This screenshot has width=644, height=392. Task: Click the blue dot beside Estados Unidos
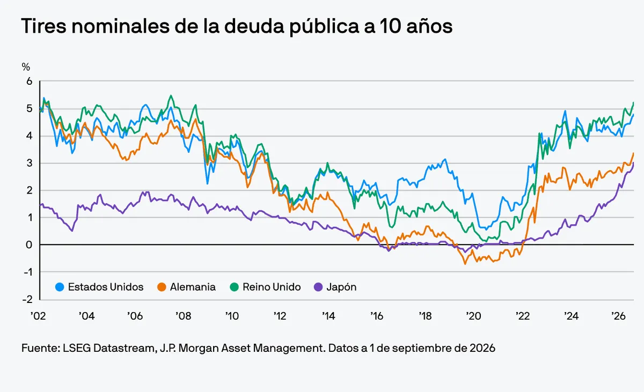click(x=60, y=287)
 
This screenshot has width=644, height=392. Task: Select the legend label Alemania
click(x=193, y=287)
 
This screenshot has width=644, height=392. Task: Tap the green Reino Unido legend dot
click(x=235, y=287)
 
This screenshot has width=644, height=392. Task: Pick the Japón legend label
click(x=341, y=287)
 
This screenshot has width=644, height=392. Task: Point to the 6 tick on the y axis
click(x=30, y=82)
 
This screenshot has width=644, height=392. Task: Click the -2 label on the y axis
click(x=27, y=299)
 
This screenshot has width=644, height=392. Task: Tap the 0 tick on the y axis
click(x=29, y=245)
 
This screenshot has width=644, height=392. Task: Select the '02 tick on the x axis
click(x=38, y=316)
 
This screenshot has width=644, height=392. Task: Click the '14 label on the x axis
click(x=328, y=316)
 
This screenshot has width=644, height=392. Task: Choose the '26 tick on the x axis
click(x=618, y=316)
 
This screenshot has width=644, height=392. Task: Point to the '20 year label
click(x=473, y=316)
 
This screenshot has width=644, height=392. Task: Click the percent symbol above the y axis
click(x=26, y=67)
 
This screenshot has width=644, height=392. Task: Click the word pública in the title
click(x=324, y=26)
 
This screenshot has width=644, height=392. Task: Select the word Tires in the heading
click(x=43, y=26)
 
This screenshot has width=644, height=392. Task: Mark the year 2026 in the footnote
click(x=482, y=348)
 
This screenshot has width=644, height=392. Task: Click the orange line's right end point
click(x=634, y=153)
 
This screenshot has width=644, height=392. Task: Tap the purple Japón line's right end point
click(x=634, y=163)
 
